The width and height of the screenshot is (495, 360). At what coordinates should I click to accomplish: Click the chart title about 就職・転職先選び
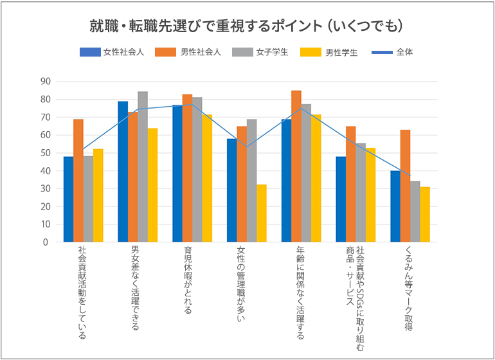[247, 26]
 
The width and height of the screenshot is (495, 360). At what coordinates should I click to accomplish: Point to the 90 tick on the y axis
[44, 82]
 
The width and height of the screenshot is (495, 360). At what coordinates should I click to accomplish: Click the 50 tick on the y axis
[44, 153]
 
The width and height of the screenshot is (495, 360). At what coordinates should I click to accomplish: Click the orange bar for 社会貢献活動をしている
[78, 181]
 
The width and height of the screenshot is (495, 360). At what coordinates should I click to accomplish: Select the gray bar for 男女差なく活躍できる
[143, 167]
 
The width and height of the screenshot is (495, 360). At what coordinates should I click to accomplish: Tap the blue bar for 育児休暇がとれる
[177, 174]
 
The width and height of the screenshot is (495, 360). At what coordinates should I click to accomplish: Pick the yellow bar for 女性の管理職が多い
[262, 213]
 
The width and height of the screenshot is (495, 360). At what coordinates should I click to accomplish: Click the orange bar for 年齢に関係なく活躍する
[296, 166]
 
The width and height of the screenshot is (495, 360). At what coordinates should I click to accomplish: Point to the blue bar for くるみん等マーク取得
[395, 206]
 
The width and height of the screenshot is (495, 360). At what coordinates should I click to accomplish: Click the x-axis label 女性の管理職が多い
[242, 283]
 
